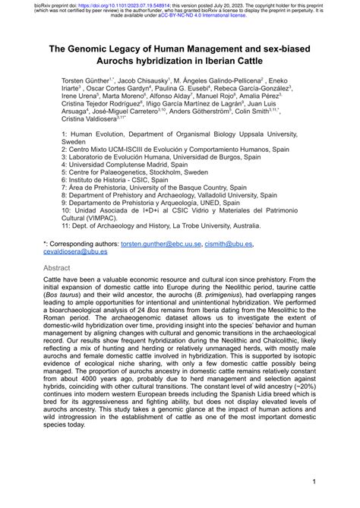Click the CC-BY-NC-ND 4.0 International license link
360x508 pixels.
coord(221,16)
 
